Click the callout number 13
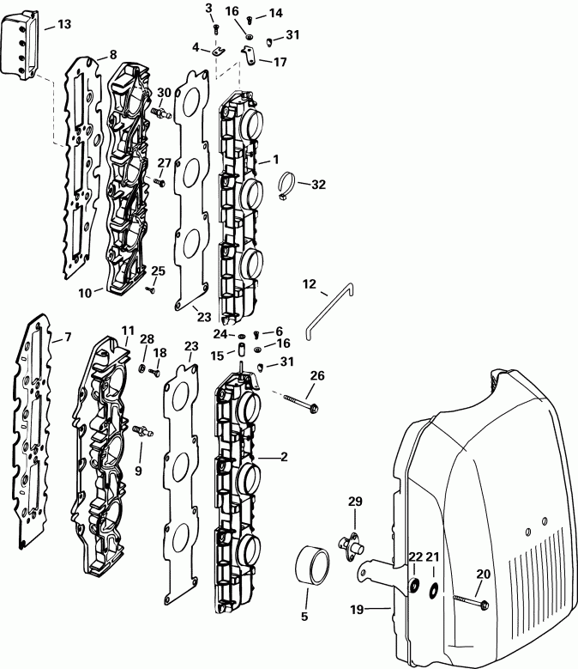coord(63,26)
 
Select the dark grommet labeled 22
coord(414,587)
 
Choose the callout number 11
coord(128,330)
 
